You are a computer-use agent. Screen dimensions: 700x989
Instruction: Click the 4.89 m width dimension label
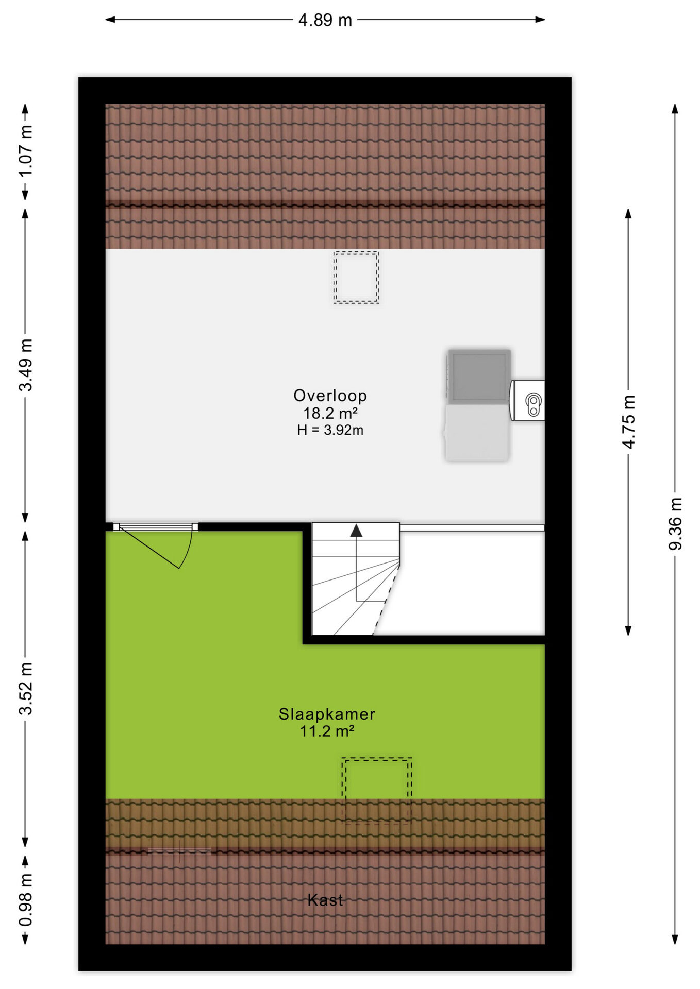(325, 20)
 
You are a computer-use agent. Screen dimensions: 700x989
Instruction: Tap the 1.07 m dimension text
(25, 151)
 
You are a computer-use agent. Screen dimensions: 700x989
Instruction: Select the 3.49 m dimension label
(25, 365)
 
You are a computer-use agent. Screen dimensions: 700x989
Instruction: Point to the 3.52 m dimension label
(25, 689)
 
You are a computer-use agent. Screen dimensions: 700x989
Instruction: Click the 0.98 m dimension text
(25, 899)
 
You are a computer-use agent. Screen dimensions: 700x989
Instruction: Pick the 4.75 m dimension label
(628, 422)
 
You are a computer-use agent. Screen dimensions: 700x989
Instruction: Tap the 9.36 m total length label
(675, 524)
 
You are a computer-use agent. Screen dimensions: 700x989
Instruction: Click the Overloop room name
(330, 396)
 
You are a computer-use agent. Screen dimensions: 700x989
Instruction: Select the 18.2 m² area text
(330, 413)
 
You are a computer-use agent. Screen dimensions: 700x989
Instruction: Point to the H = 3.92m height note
(330, 430)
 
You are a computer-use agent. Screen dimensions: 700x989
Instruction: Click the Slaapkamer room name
(327, 714)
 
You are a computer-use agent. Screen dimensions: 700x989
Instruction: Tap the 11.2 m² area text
(327, 731)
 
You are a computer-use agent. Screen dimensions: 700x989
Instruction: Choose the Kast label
(325, 900)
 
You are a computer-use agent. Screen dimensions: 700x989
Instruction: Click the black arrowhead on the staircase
(356, 531)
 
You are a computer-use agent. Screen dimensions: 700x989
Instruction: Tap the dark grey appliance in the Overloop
(479, 376)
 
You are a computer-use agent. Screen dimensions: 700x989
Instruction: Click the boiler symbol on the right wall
(527, 401)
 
